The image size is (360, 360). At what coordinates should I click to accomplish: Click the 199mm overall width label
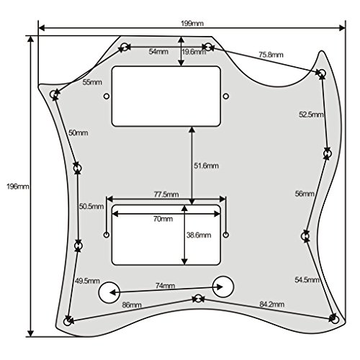pyautogui.click(x=192, y=23)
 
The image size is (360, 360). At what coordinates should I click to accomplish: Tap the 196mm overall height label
pyautogui.click(x=18, y=186)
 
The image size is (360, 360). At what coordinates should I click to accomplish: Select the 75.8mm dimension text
pyautogui.click(x=271, y=55)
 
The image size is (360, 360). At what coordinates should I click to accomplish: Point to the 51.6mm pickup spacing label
pyautogui.click(x=207, y=166)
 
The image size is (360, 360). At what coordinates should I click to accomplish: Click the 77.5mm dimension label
pyautogui.click(x=166, y=194)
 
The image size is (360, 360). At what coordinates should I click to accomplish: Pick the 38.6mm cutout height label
pyautogui.click(x=199, y=235)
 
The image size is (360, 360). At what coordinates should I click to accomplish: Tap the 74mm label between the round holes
pyautogui.click(x=166, y=286)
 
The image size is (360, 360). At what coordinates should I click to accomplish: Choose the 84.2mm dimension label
pyautogui.click(x=272, y=305)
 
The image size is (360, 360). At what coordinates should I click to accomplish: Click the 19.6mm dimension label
pyautogui.click(x=194, y=52)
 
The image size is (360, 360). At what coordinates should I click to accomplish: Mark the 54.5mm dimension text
pyautogui.click(x=307, y=279)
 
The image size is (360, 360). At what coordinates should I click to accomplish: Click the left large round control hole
pyautogui.click(x=109, y=292)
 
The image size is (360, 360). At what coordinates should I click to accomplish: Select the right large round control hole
pyautogui.click(x=223, y=287)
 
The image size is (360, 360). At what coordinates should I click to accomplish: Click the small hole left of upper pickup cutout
pyautogui.click(x=107, y=96)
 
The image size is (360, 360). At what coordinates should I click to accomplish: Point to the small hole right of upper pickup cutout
pyautogui.click(x=226, y=96)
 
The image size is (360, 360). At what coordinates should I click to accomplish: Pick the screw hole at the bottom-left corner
pyautogui.click(x=68, y=321)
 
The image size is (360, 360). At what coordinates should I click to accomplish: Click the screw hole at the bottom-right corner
pyautogui.click(x=335, y=320)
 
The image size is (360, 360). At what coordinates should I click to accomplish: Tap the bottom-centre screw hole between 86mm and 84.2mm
pyautogui.click(x=198, y=299)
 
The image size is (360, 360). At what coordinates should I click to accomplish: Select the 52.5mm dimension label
pyautogui.click(x=311, y=114)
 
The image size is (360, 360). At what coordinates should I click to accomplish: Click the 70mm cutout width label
pyautogui.click(x=163, y=219)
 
